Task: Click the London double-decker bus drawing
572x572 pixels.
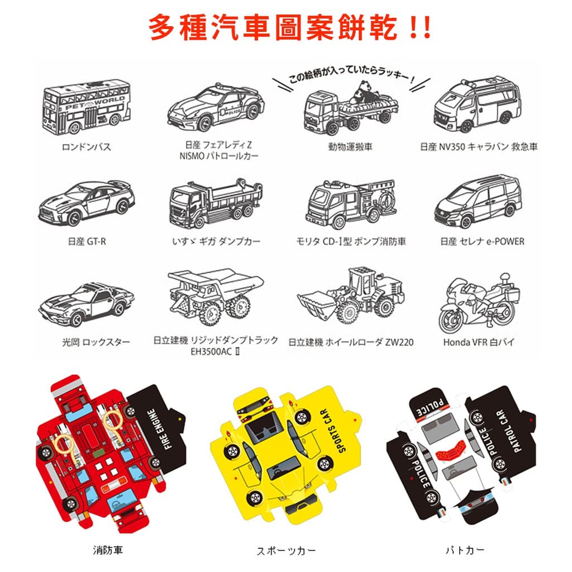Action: (x=87, y=106)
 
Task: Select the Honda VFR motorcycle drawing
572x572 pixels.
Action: (x=479, y=303)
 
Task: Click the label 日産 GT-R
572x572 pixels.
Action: (x=87, y=241)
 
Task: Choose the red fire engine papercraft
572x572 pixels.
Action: (x=109, y=452)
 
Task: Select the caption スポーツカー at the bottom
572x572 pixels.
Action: (x=286, y=550)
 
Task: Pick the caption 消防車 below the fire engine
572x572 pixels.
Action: (x=108, y=550)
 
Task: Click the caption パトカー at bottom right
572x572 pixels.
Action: (x=465, y=550)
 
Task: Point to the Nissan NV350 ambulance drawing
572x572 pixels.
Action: (x=477, y=104)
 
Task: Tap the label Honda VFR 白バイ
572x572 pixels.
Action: (x=479, y=342)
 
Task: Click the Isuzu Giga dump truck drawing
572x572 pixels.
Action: (x=216, y=203)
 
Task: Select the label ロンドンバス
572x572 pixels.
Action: (x=86, y=147)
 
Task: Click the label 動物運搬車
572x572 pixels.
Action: (x=350, y=147)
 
